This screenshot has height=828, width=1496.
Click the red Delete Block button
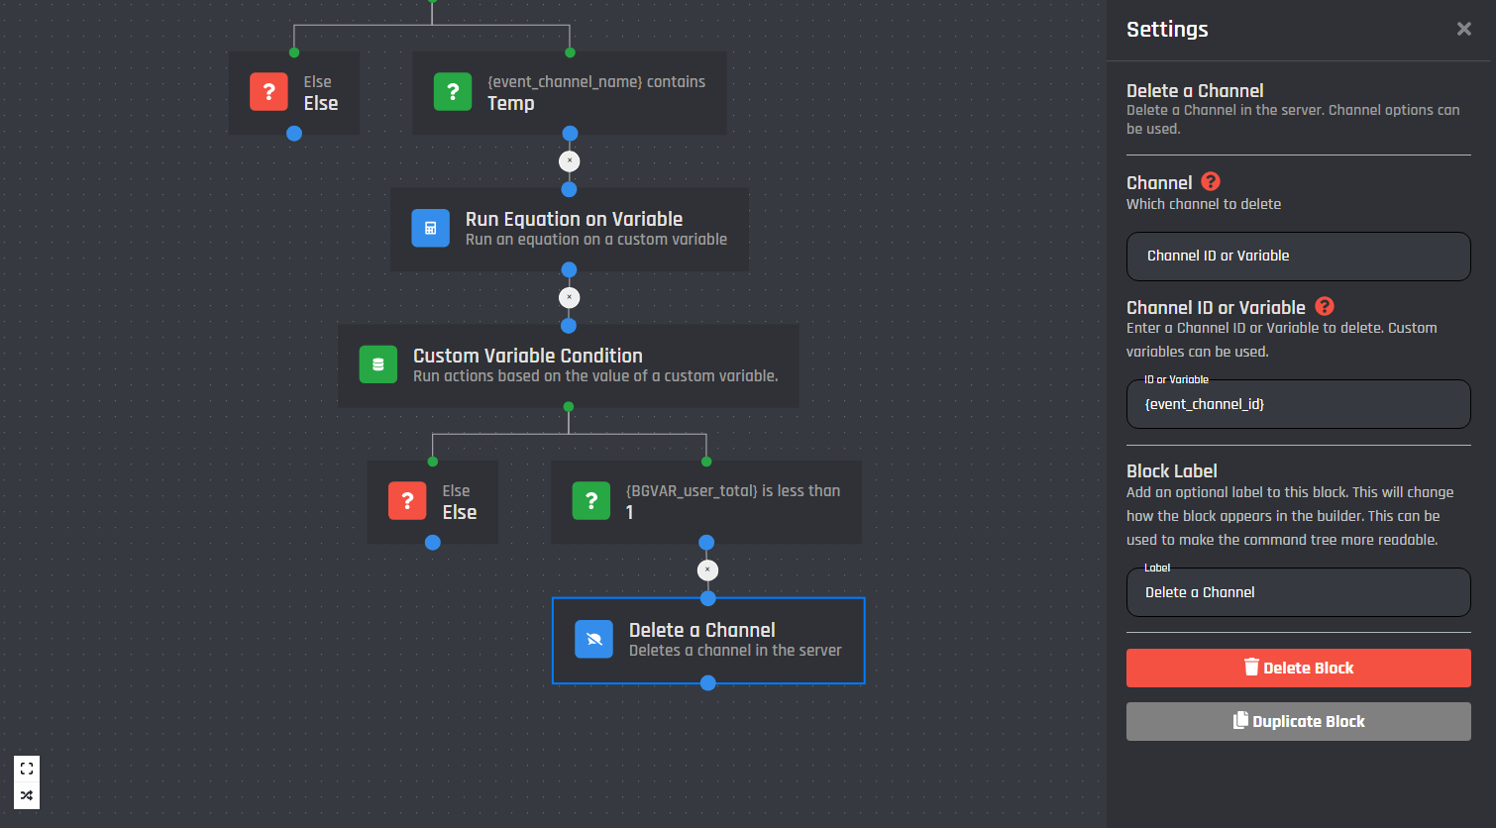click(1298, 668)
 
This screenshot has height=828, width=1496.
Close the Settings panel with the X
click(1464, 29)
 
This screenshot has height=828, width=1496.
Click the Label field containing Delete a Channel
click(1298, 592)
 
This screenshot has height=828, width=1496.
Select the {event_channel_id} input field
click(1298, 404)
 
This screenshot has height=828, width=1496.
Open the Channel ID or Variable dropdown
click(1298, 256)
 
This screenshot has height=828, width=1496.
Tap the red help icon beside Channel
click(1210, 181)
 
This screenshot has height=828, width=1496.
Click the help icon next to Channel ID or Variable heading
click(1325, 306)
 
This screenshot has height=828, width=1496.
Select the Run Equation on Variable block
click(569, 229)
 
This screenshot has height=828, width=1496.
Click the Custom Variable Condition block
click(569, 365)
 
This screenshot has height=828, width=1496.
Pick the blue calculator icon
click(431, 229)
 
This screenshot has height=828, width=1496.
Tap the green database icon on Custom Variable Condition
click(378, 363)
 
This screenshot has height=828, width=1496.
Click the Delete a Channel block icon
click(593, 640)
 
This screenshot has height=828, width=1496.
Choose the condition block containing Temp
click(570, 93)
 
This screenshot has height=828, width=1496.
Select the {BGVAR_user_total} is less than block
click(706, 501)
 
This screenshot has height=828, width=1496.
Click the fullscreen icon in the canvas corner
click(27, 769)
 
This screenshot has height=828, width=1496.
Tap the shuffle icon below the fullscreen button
click(27, 795)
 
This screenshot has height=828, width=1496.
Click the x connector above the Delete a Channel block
click(707, 570)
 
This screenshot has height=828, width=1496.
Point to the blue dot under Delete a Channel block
click(708, 683)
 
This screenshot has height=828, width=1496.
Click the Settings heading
click(1167, 30)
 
